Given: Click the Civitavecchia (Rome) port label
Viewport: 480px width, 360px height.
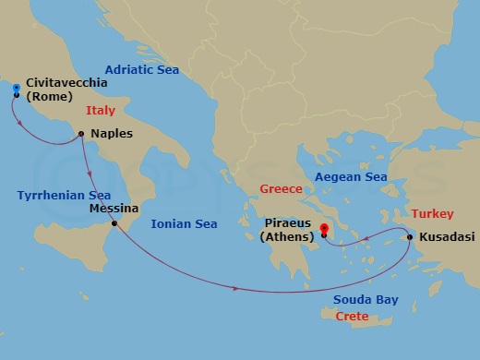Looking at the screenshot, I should click(x=66, y=90).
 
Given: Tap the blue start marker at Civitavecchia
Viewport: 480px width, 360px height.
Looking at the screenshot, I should click(x=16, y=89).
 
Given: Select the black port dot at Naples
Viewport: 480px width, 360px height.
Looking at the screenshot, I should click(x=82, y=135).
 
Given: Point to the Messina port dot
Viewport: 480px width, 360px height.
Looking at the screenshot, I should click(x=114, y=223).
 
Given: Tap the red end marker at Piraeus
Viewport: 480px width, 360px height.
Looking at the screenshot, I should click(x=324, y=230).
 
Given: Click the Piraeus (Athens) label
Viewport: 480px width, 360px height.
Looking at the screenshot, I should click(x=289, y=230).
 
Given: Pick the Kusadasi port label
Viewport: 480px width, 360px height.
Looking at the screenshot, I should click(x=446, y=238).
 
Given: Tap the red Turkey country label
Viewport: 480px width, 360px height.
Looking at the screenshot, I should click(x=432, y=213).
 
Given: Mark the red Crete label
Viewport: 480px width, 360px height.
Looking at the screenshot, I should click(x=352, y=317).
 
